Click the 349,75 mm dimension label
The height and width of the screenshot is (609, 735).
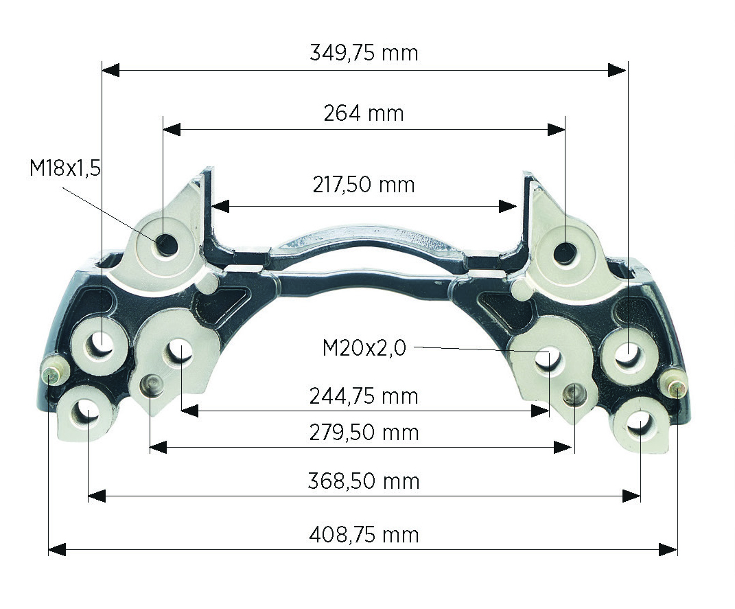(364, 52)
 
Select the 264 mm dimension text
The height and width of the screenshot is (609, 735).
(364, 113)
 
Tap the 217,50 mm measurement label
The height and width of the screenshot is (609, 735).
(364, 185)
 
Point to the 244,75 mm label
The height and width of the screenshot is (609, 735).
(364, 396)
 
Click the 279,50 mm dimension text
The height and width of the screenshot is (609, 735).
(364, 433)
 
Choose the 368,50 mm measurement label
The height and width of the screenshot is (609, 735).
(364, 481)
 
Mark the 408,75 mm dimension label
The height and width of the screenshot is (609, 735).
(364, 534)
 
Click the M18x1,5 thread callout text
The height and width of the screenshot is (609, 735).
(65, 168)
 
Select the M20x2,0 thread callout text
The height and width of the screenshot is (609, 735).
(364, 348)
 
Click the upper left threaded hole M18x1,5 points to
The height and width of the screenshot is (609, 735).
(165, 244)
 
